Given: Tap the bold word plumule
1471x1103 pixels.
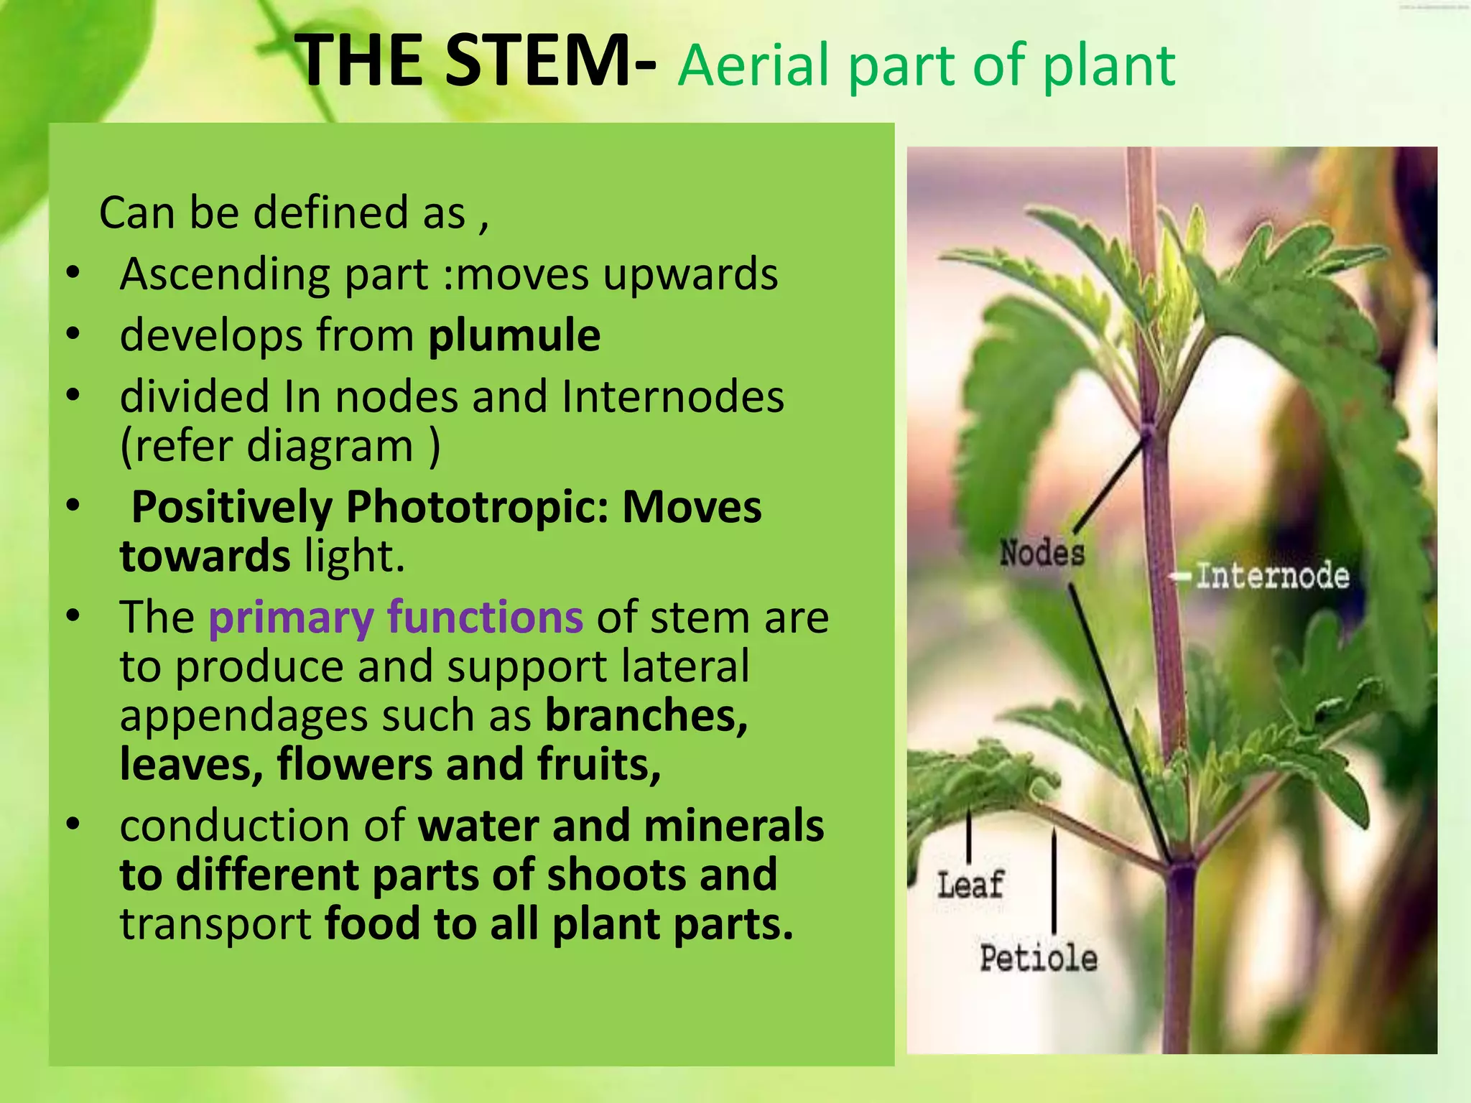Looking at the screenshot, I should (x=514, y=335).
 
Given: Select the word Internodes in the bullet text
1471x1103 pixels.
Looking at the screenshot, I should (x=672, y=396).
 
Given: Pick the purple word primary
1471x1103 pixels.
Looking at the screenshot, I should (x=290, y=618).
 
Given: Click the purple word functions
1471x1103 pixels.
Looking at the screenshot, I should (x=485, y=618).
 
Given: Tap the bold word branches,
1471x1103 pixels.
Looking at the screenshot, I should (x=646, y=715).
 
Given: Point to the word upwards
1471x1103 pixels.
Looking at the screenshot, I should (x=690, y=274).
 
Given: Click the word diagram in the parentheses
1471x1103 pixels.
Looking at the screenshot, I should (x=330, y=446).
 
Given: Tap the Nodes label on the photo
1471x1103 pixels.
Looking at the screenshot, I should (x=1042, y=554).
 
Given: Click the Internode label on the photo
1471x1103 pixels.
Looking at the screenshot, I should (x=1272, y=576).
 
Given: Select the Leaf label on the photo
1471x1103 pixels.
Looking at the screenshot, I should (x=970, y=885).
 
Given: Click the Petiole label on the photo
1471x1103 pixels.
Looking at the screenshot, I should (x=1039, y=959).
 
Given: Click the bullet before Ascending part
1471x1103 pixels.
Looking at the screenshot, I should (x=73, y=274).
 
